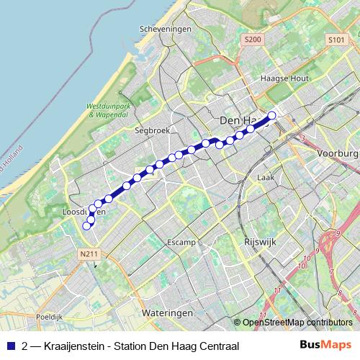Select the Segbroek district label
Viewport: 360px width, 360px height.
coord(150,131)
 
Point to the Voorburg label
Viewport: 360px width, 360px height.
coord(337,154)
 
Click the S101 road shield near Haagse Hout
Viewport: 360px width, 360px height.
coord(336,40)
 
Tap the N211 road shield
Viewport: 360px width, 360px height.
coord(89,253)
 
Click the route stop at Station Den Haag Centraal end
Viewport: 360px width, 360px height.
coord(271,115)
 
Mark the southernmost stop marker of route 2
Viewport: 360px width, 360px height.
coord(87,225)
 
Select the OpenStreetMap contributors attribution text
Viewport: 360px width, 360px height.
coord(298,323)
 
